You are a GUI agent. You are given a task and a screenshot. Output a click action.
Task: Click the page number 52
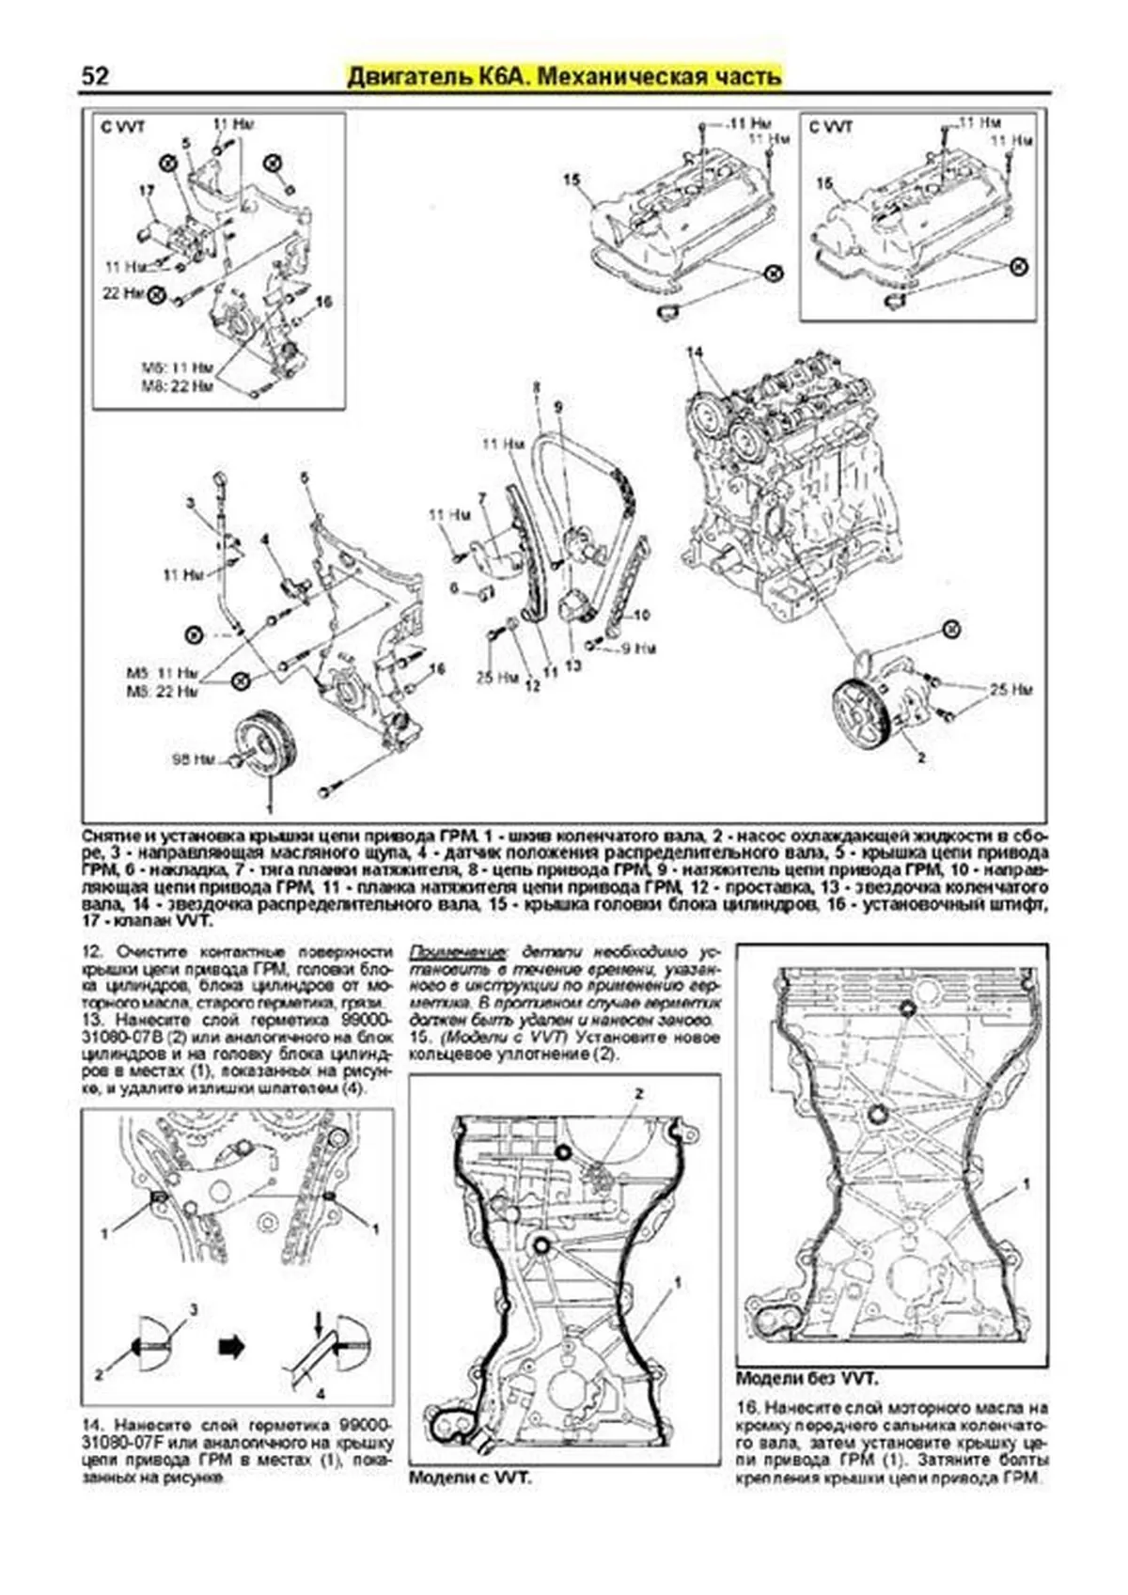pos(95,75)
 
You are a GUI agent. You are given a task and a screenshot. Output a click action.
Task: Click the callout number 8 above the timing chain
pos(536,386)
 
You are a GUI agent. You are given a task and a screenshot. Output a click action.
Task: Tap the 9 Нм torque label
pos(639,649)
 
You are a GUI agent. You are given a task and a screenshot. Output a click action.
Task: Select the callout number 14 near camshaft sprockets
pos(695,352)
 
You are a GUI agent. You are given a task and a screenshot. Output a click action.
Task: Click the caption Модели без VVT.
pos(807,1379)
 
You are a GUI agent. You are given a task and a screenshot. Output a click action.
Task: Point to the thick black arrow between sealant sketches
pos(231,1347)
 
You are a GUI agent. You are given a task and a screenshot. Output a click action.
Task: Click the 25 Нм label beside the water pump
pos(1010,689)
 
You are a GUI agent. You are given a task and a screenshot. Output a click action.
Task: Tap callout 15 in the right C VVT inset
pos(824,183)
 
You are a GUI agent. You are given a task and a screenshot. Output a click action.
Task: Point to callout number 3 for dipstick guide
pos(190,504)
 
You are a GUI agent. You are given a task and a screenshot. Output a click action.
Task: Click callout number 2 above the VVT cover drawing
pos(639,1093)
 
